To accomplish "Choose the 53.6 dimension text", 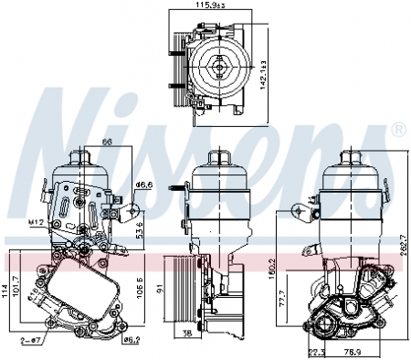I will pos(139,226).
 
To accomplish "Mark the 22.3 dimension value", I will pos(317,351).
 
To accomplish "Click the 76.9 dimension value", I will pos(351,351).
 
